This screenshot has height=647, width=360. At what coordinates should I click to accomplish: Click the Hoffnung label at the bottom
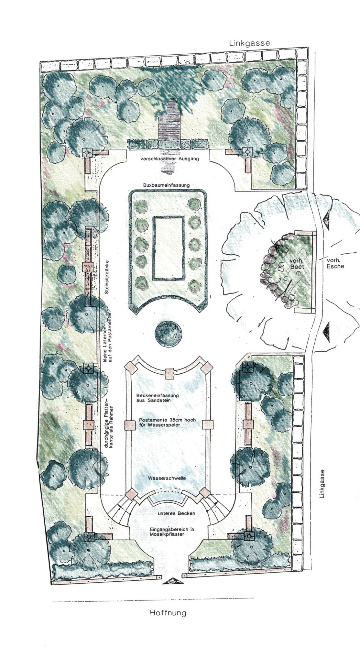coord(168,613)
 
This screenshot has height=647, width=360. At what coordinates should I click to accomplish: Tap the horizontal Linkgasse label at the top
coord(249,43)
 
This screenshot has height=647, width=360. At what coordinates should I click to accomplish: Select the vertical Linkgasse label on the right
coord(322,484)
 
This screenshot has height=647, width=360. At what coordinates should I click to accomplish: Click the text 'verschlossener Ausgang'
coord(170,159)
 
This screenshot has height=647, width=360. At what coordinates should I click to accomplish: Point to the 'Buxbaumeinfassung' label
coord(166,185)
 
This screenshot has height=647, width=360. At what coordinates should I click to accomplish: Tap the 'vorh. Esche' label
coord(335,263)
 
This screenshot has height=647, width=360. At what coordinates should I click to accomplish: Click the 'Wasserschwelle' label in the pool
coord(167,478)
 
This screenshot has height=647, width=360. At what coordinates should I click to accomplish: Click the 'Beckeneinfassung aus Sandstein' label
coord(158,398)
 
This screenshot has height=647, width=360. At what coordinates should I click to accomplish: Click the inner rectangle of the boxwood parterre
coord(169,248)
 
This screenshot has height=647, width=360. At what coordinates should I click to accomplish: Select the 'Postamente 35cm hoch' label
coord(168,420)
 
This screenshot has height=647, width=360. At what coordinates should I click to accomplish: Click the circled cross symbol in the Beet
coord(298,273)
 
